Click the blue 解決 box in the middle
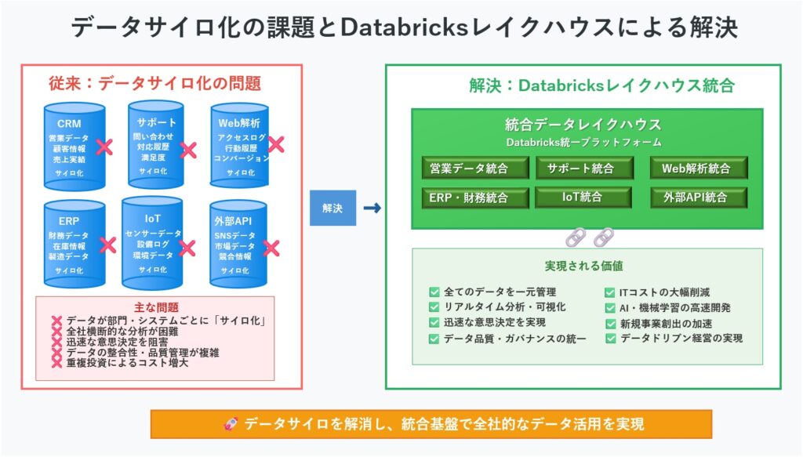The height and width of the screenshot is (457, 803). [332, 208]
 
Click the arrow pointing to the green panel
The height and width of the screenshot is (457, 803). [373, 208]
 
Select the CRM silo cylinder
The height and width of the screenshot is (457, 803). [74, 147]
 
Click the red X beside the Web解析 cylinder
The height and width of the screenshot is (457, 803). [275, 144]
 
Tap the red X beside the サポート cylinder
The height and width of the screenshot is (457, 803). [188, 150]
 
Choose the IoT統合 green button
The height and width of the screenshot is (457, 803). [581, 198]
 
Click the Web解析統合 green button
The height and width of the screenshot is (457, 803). [698, 168]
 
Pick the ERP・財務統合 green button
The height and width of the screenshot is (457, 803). [469, 198]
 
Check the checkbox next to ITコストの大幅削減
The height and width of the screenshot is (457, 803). [611, 292]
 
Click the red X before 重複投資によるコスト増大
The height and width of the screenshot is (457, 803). [56, 364]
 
